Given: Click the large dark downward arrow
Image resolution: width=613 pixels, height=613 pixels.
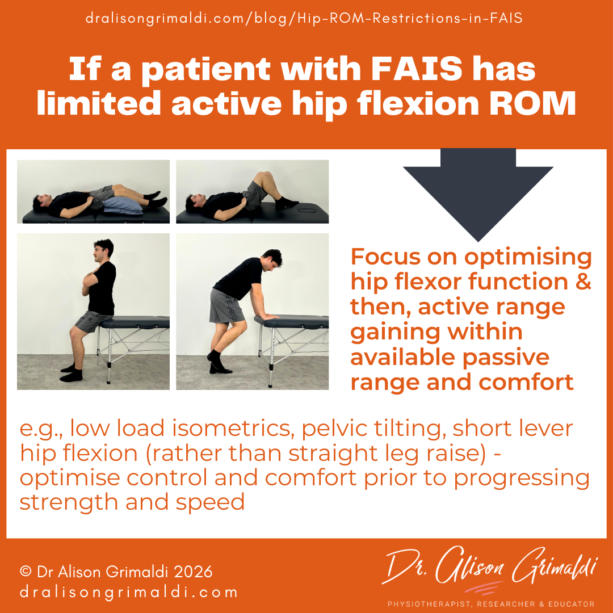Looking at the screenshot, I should coord(478,193).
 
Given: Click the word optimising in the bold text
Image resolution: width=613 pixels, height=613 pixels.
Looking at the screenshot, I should coord(528,257).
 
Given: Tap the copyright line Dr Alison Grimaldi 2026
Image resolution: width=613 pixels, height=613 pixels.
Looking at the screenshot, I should coord(116,571).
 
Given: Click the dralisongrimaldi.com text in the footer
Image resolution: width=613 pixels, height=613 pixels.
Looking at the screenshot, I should coord(128,593).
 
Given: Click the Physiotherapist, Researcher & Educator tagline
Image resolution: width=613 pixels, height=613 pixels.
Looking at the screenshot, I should coord(490,604).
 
